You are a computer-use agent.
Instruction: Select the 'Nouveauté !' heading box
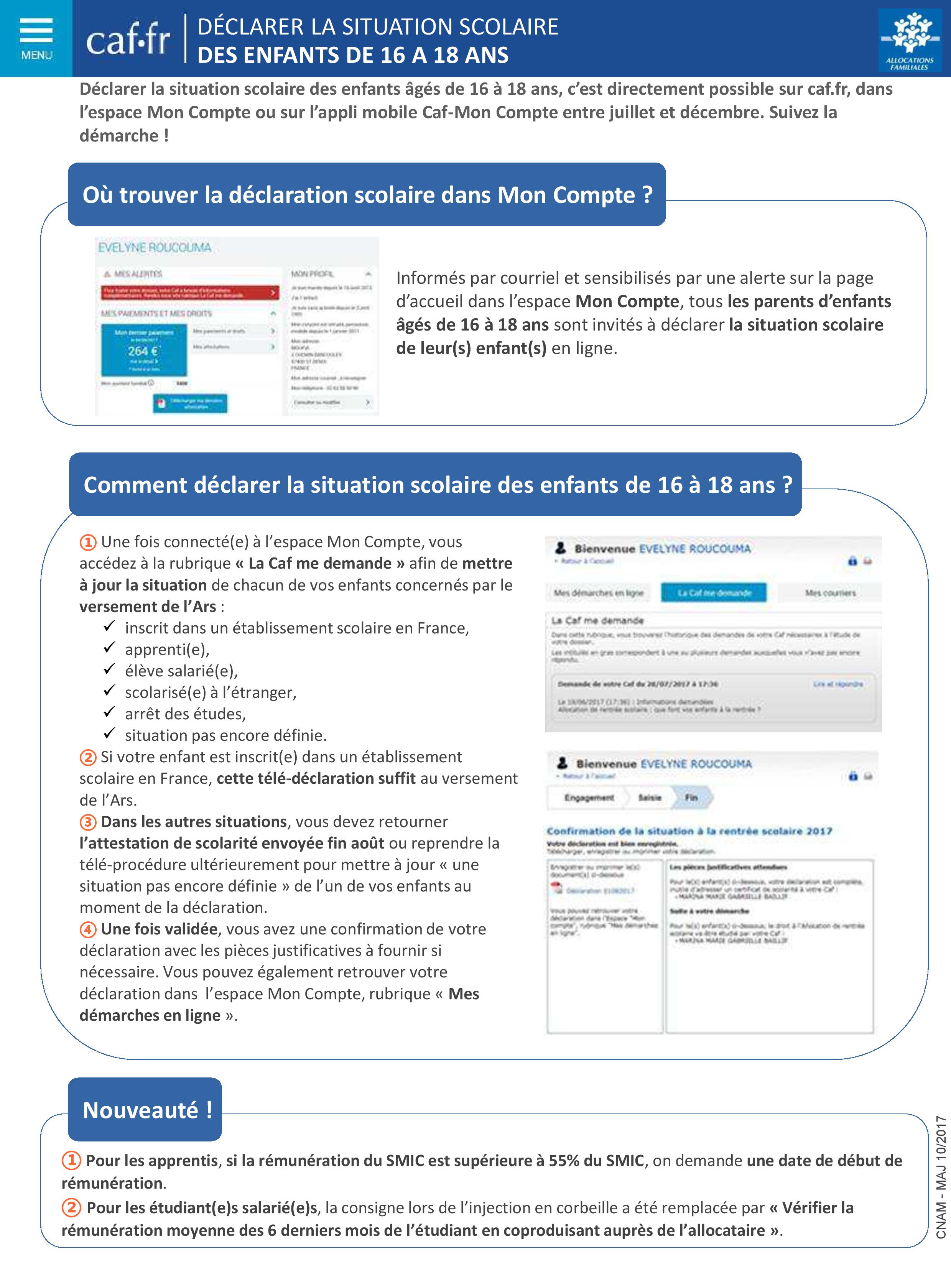tap(145, 1110)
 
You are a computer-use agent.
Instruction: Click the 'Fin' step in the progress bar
tap(691, 798)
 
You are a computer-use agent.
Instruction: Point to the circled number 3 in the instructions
tap(88, 822)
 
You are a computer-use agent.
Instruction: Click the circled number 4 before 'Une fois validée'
tap(88, 929)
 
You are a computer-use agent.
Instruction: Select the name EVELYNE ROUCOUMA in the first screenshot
tap(155, 248)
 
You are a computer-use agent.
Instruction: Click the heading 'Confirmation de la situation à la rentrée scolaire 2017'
tap(688, 831)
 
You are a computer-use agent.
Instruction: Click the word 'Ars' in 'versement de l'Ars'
tap(205, 607)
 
